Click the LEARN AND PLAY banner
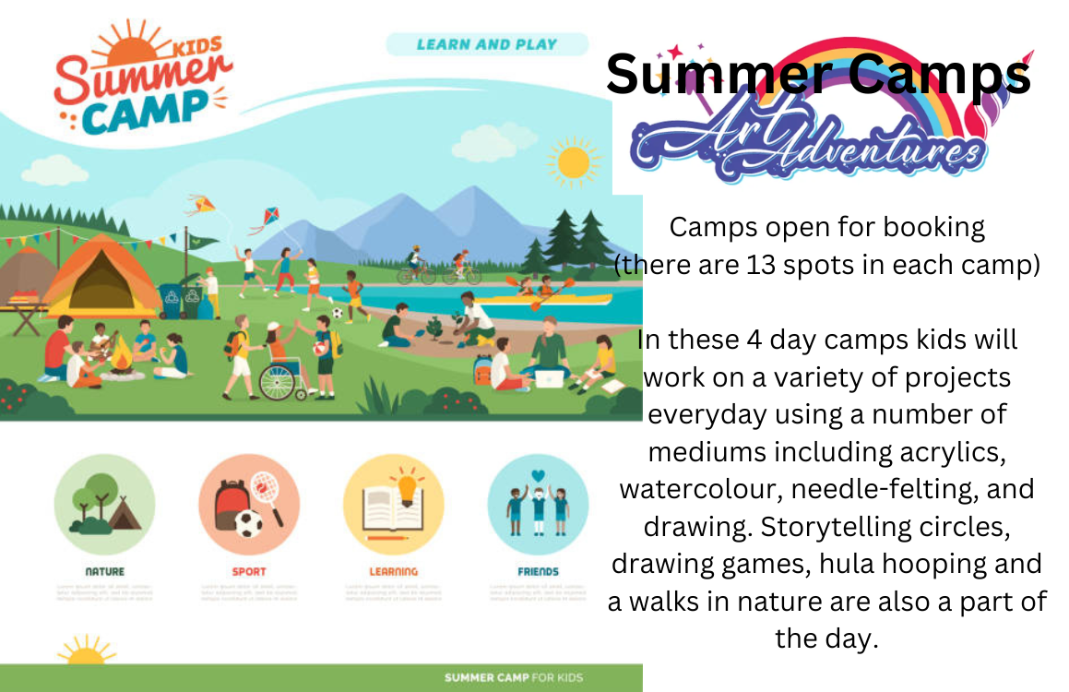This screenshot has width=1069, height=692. (x=486, y=44)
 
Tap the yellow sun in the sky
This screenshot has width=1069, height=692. (x=573, y=162)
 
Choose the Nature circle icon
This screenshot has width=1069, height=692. (x=104, y=505)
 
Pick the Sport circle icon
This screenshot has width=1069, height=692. (x=249, y=505)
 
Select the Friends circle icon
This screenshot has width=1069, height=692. (x=538, y=505)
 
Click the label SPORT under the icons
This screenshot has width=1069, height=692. (x=249, y=572)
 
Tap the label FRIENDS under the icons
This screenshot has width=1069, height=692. (x=538, y=572)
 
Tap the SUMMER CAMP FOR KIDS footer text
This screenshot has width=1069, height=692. (x=513, y=678)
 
